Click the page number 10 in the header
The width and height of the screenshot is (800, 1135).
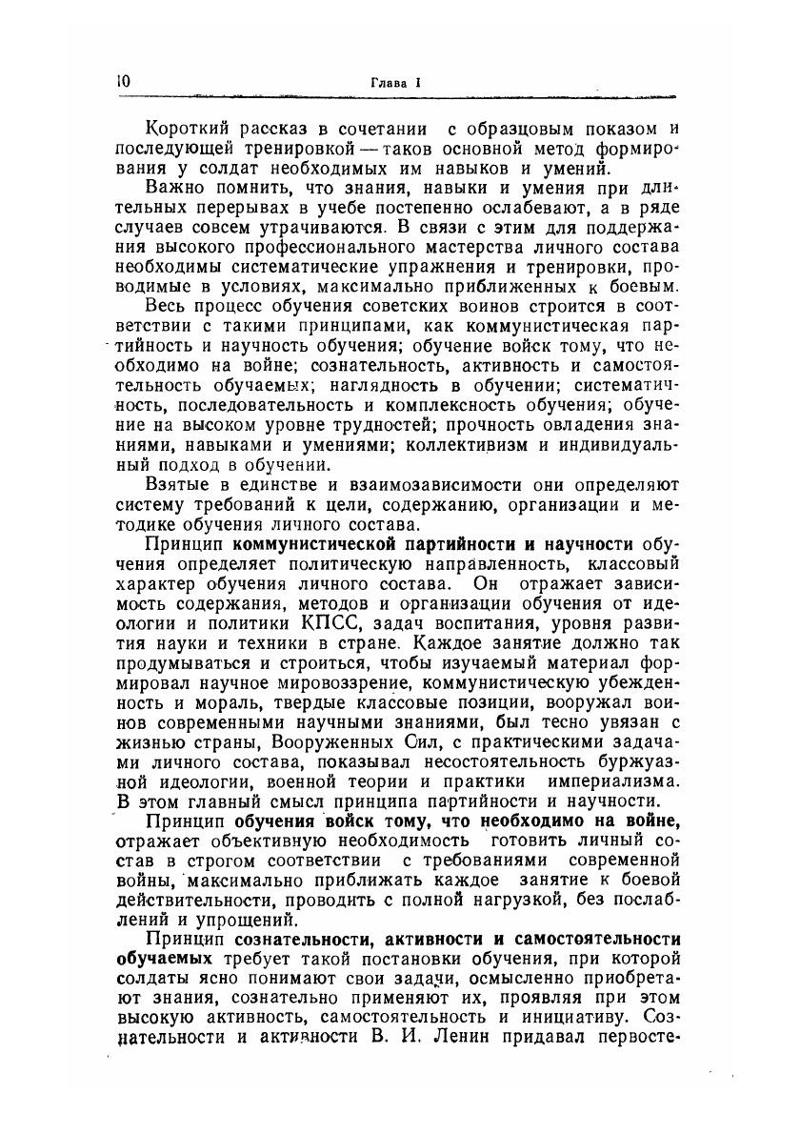pyautogui.click(x=121, y=82)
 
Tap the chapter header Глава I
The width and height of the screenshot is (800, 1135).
pyautogui.click(x=394, y=83)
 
